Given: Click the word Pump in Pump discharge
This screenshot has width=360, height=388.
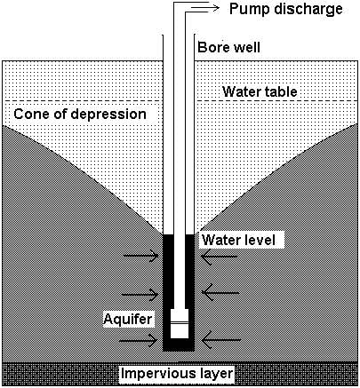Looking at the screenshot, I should pos(248,10).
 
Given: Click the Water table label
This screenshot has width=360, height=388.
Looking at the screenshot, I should pos(260,91).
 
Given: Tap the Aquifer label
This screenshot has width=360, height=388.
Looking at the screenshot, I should pos(126,318).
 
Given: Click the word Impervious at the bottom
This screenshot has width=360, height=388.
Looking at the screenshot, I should pos(157,374).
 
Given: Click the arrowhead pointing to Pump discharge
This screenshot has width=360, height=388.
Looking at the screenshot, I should pos(216,8).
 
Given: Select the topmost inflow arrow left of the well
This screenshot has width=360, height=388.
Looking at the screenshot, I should pos(141,257).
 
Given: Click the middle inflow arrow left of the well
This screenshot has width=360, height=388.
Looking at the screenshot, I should pos(141,295).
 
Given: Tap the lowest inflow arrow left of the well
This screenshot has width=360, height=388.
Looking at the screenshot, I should pos(141,340).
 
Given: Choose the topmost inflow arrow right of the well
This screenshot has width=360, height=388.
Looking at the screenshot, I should pos(218,257).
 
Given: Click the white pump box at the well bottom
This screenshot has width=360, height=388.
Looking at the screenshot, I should pos(180,329).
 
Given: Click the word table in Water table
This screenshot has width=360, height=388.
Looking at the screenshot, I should pos(282,91).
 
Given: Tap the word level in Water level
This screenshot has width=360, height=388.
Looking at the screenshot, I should pos(262,241).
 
